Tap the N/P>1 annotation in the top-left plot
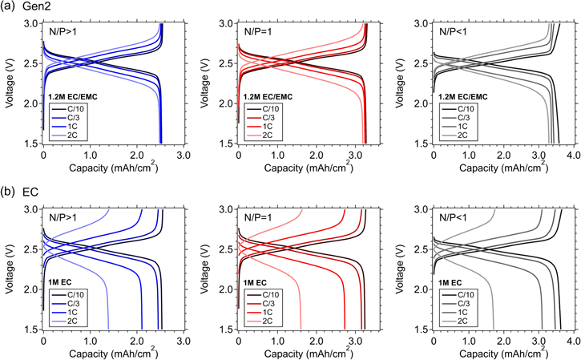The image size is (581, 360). pos(65,33)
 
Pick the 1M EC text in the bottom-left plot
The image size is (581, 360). pos(63,283)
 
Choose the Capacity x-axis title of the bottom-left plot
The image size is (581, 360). pos(112,351)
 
